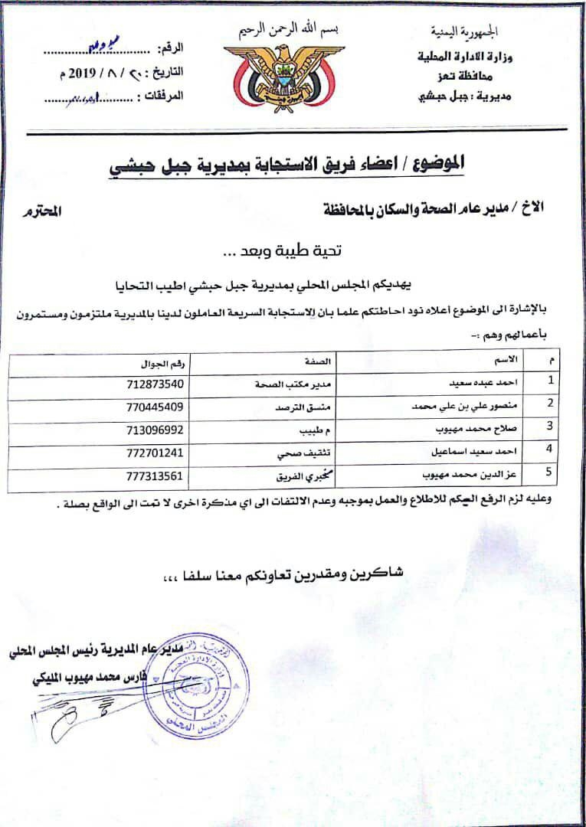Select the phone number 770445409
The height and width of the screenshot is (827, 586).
tap(156, 406)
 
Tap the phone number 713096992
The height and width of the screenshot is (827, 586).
tap(156, 429)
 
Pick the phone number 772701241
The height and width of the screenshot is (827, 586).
tap(156, 453)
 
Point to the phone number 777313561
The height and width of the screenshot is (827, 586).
tap(156, 476)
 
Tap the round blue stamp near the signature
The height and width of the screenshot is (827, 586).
tap(197, 684)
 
